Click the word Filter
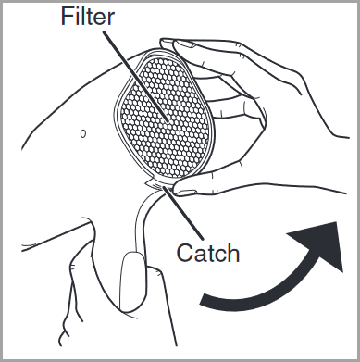tap(88, 16)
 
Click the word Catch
tap(208, 253)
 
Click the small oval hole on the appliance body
tap(83, 133)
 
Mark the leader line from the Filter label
tap(136, 76)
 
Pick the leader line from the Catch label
tap(183, 213)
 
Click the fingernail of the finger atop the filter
tap(184, 44)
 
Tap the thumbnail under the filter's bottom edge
tap(186, 193)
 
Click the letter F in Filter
tap(67, 17)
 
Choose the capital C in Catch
tap(185, 253)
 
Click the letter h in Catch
tap(233, 253)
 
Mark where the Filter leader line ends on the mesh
tap(168, 120)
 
